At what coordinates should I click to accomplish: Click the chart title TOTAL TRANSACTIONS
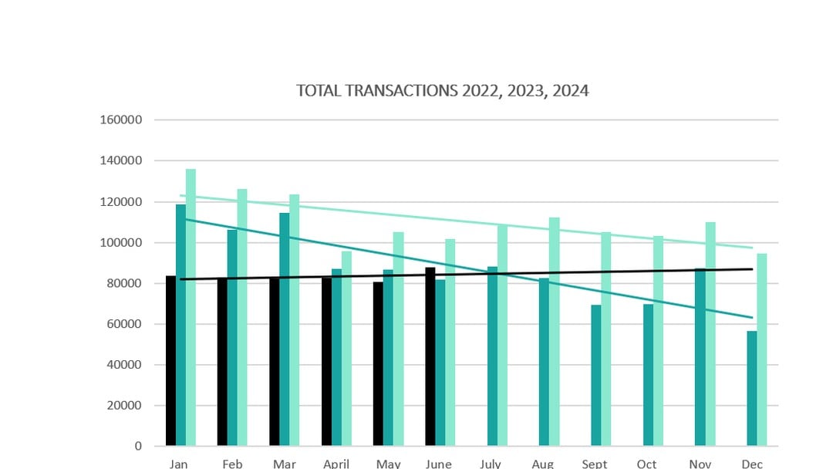click(x=442, y=91)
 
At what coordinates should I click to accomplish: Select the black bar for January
click(x=170, y=363)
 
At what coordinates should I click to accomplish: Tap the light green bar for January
click(x=191, y=309)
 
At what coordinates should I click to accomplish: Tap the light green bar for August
click(x=554, y=332)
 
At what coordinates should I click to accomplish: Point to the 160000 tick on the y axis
click(x=121, y=120)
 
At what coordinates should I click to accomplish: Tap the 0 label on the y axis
click(x=138, y=446)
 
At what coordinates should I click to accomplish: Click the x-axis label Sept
click(x=595, y=464)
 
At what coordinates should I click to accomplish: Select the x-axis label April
click(x=336, y=464)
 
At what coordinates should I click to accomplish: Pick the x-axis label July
click(x=491, y=464)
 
